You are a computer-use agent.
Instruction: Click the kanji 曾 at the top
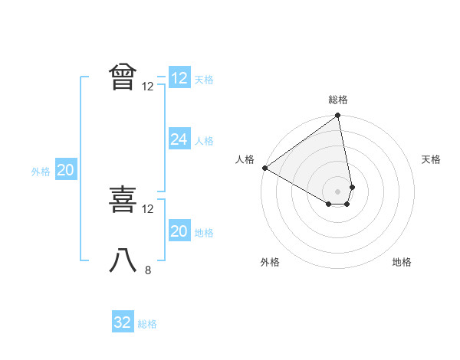pyautogui.click(x=123, y=77)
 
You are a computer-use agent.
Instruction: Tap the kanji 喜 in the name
pyautogui.click(x=123, y=201)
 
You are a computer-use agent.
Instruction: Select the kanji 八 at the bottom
pyautogui.click(x=123, y=260)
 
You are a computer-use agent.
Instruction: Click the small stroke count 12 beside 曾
pyautogui.click(x=148, y=87)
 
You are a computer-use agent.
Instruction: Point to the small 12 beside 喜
pyautogui.click(x=148, y=208)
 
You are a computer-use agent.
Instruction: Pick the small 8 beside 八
pyautogui.click(x=148, y=270)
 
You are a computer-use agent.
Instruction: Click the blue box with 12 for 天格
pyautogui.click(x=179, y=78)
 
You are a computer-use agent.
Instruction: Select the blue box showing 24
pyautogui.click(x=179, y=139)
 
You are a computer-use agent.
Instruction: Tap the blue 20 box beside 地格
pyautogui.click(x=179, y=231)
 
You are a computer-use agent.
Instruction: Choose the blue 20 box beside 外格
pyautogui.click(x=65, y=170)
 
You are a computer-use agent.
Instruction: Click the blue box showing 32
pyautogui.click(x=123, y=322)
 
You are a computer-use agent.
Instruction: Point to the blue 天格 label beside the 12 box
pyautogui.click(x=204, y=79)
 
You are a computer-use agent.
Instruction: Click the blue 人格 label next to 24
pyautogui.click(x=204, y=140)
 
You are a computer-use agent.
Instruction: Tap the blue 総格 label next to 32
pyautogui.click(x=147, y=324)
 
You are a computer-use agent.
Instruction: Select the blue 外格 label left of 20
pyautogui.click(x=41, y=172)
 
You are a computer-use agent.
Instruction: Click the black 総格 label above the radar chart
pyautogui.click(x=338, y=100)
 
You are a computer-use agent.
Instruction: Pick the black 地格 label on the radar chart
pyautogui.click(x=402, y=262)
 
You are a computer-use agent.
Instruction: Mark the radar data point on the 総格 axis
pyautogui.click(x=338, y=116)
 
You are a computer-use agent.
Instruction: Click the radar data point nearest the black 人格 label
pyautogui.click(x=264, y=168)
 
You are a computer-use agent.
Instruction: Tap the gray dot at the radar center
pyautogui.click(x=338, y=190)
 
